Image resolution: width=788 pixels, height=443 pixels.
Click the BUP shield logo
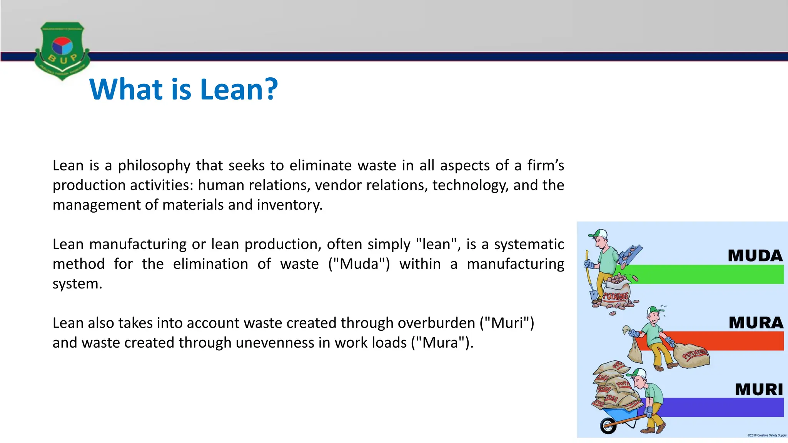coord(62,50)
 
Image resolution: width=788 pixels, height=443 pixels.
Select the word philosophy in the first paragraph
coord(154,166)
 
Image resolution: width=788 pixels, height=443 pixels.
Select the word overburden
coord(436,323)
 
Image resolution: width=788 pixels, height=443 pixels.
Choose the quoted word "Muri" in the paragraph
coord(507,323)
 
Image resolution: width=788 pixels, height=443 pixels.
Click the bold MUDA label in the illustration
coord(755,256)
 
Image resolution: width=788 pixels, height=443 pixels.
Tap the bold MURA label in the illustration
coord(756,323)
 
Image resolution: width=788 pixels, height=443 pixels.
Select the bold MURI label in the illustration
coord(759,390)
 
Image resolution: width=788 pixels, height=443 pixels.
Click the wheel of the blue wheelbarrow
coord(608,426)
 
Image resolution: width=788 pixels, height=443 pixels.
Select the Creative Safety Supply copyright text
coord(767,435)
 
